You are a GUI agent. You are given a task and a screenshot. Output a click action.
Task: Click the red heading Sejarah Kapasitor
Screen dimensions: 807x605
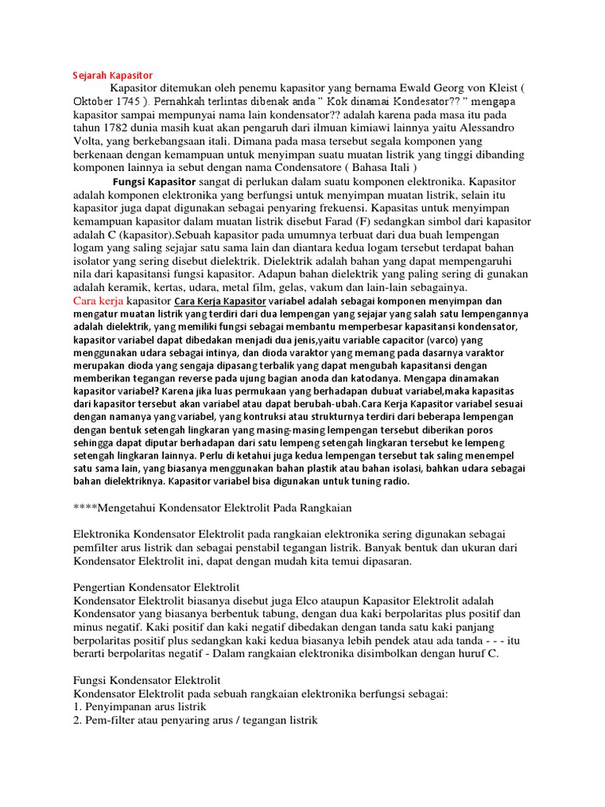106,75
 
